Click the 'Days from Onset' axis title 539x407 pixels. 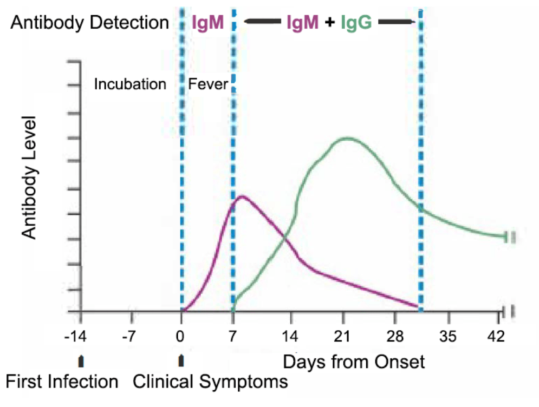pos(354,361)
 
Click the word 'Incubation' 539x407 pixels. pos(130,84)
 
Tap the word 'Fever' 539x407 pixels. pos(208,85)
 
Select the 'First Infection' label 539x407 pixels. pos(62,382)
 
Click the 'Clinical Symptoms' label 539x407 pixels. pos(210,382)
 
